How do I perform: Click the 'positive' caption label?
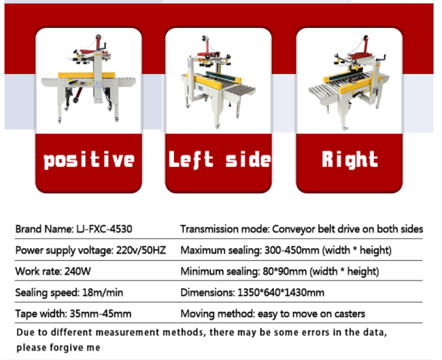click(x=89, y=160)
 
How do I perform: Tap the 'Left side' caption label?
click(x=220, y=160)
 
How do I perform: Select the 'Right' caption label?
click(x=350, y=160)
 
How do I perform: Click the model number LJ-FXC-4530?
click(x=104, y=229)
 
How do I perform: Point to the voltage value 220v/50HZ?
click(x=141, y=250)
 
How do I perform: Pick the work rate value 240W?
click(x=78, y=271)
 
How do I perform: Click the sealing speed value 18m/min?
click(x=103, y=293)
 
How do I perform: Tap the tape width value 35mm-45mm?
click(x=101, y=314)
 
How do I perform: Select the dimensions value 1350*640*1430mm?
click(x=281, y=293)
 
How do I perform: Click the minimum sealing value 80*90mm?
click(x=285, y=271)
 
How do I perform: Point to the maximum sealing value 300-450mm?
click(x=292, y=250)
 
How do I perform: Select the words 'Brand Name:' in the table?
click(x=44, y=229)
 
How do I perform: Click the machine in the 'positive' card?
click(x=88, y=79)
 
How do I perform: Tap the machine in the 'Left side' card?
click(x=218, y=81)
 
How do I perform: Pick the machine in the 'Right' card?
click(x=349, y=82)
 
